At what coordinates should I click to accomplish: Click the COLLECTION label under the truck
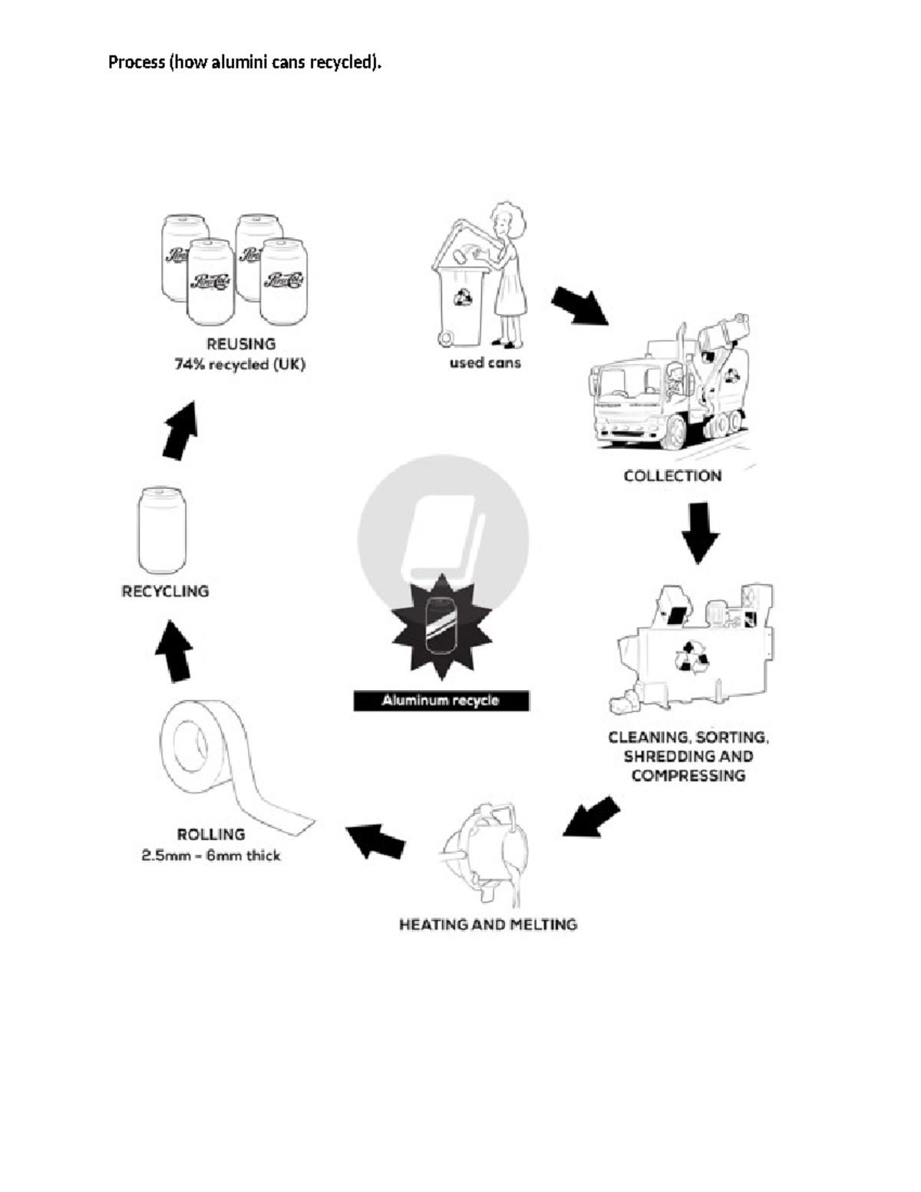[672, 476]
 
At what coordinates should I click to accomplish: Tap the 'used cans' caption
[485, 362]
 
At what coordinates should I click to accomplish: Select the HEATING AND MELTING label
[488, 925]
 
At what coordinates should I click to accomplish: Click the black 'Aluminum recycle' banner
[441, 700]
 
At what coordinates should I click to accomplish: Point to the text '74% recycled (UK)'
[239, 365]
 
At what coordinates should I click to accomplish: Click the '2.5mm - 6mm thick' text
[211, 855]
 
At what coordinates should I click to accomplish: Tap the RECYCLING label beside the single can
[165, 591]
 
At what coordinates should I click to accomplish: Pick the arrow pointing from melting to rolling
[375, 840]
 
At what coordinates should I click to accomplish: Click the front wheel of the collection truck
[672, 434]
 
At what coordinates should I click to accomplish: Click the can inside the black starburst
[441, 626]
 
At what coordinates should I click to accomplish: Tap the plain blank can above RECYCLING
[162, 530]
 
